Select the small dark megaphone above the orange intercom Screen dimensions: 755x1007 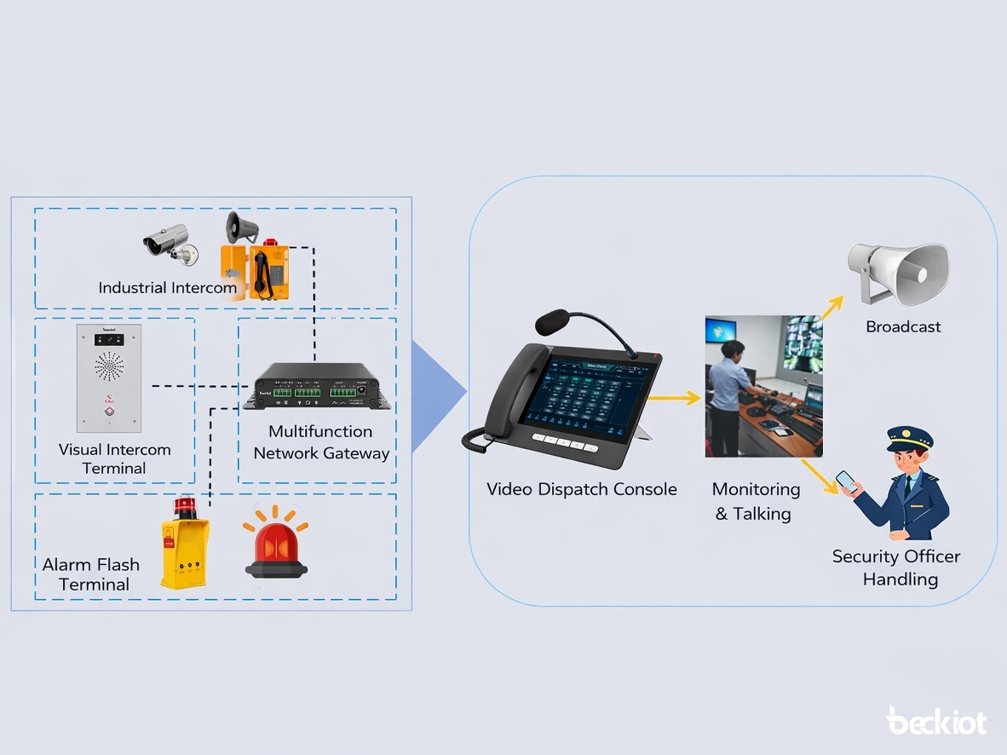point(241,228)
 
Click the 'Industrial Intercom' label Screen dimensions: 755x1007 point(167,287)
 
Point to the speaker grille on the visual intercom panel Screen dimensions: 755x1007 point(109,368)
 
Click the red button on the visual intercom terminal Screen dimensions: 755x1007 point(109,412)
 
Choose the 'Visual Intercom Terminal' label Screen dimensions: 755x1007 point(114,458)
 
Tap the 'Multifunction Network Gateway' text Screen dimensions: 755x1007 point(321,442)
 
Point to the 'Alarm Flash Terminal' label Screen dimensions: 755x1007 point(90,574)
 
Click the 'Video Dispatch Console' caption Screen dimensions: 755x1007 point(581,489)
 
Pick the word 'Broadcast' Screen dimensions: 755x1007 point(903,326)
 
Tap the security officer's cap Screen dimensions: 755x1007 point(910,440)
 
